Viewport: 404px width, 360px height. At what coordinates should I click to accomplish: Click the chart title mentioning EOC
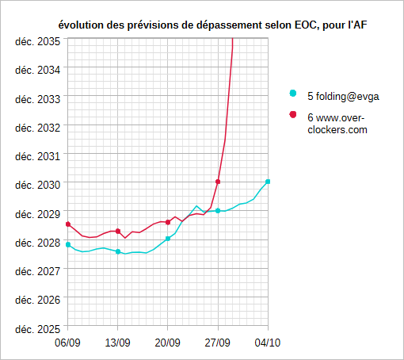[212, 25]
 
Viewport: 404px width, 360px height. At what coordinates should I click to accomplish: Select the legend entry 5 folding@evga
[343, 97]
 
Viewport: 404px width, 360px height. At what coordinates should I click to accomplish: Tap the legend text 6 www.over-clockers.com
[337, 124]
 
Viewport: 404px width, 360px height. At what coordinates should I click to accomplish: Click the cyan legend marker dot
[293, 94]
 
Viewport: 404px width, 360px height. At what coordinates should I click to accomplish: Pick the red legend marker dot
[293, 114]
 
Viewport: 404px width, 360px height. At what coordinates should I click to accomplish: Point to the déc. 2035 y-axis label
[38, 42]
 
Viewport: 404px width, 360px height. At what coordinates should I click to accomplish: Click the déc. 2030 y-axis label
[38, 185]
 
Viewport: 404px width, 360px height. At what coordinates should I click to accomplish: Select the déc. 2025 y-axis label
[38, 329]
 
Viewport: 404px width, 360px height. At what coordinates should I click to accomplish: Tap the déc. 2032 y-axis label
[38, 128]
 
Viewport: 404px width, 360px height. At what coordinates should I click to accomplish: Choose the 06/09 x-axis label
[67, 343]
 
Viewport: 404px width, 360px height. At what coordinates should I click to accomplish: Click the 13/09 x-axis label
[118, 343]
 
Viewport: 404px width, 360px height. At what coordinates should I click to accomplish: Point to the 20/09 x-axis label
[168, 343]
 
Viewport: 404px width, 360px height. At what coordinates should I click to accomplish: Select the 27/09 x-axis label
[218, 343]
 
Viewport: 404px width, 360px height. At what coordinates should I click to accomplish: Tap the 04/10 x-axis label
[268, 343]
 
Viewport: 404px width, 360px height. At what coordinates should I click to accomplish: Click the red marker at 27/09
[218, 182]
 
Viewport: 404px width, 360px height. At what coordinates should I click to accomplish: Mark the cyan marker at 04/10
[268, 182]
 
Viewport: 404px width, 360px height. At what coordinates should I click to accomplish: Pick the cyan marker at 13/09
[118, 251]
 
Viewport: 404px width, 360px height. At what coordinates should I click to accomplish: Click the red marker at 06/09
[68, 224]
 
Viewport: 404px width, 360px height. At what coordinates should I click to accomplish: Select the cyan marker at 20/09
[168, 239]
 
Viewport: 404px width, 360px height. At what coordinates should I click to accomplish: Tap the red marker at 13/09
[118, 232]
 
